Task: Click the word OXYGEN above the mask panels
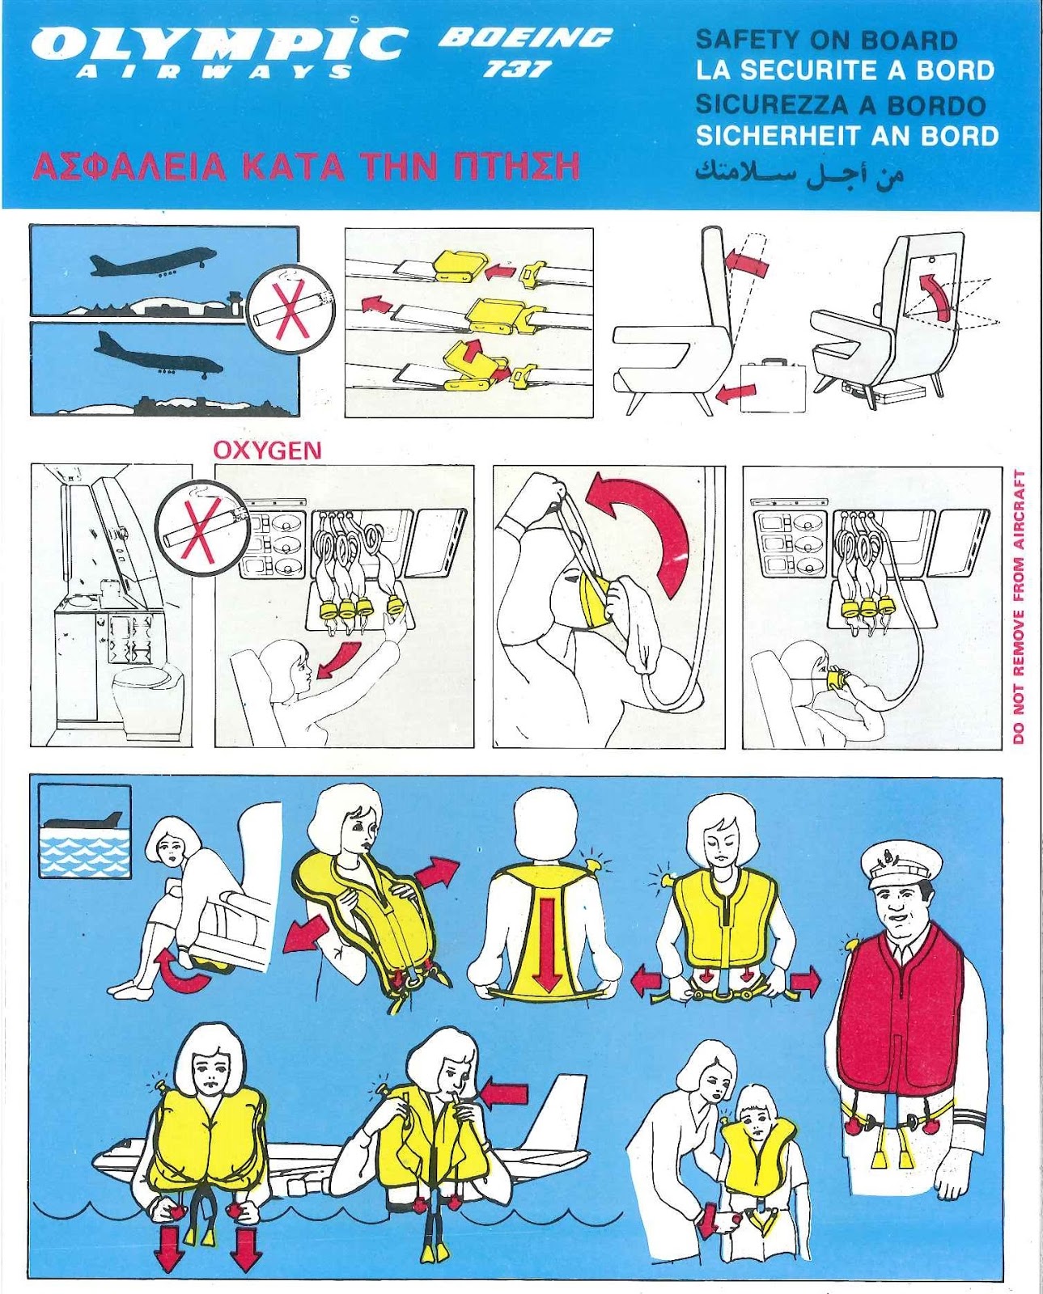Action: coord(267,450)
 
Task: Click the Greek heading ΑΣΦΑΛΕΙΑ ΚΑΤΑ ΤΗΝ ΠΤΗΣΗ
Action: coord(306,167)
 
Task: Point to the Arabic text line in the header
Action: coord(799,173)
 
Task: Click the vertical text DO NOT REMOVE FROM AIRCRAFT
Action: coord(1018,607)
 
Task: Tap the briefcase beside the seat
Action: coord(773,384)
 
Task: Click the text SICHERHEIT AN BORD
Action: coord(847,136)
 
